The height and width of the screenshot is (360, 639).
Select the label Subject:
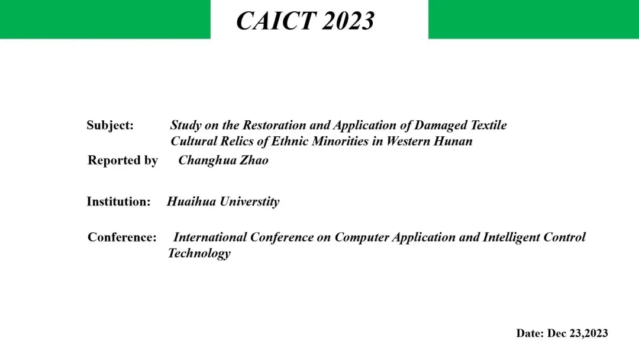110,125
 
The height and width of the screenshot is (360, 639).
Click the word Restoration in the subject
275,125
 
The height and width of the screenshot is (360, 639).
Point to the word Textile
489,125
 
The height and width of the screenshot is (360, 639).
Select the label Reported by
122,160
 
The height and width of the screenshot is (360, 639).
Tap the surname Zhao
253,160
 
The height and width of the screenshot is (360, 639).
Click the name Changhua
207,160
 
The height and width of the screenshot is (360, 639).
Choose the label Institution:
118,201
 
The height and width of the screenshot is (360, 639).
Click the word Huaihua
191,201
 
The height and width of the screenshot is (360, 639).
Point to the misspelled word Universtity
250,202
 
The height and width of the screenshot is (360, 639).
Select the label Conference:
122,237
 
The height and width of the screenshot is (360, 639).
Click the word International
210,237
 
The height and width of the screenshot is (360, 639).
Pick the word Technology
199,253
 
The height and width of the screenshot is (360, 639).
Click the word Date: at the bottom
530,333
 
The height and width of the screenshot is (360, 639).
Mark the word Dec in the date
557,333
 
